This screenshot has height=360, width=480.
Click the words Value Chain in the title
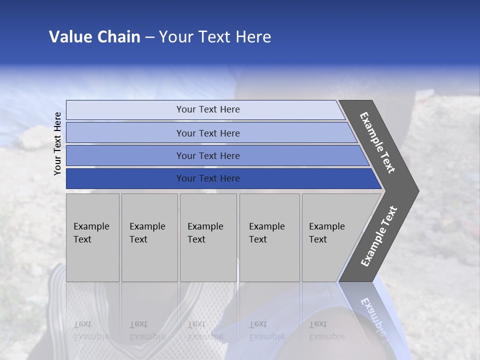94,37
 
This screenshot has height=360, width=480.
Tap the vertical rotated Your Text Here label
57,143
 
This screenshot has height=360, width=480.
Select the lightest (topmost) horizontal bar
125,110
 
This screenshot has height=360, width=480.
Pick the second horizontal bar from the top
125,133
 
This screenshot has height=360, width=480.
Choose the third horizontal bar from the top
125,155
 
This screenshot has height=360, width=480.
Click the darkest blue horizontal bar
125,178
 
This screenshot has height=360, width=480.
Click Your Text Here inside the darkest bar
208,178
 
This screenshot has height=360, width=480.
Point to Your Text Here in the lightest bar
208,109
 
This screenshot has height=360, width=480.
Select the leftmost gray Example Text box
92,237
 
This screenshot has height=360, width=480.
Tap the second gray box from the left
149,237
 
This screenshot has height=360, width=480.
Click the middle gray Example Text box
208,237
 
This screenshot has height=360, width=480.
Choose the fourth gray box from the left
269,237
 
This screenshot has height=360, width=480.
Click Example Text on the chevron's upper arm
377,142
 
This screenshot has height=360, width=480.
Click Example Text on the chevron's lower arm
379,236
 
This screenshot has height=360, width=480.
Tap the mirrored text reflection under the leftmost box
91,330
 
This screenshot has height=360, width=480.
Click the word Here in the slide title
254,37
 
